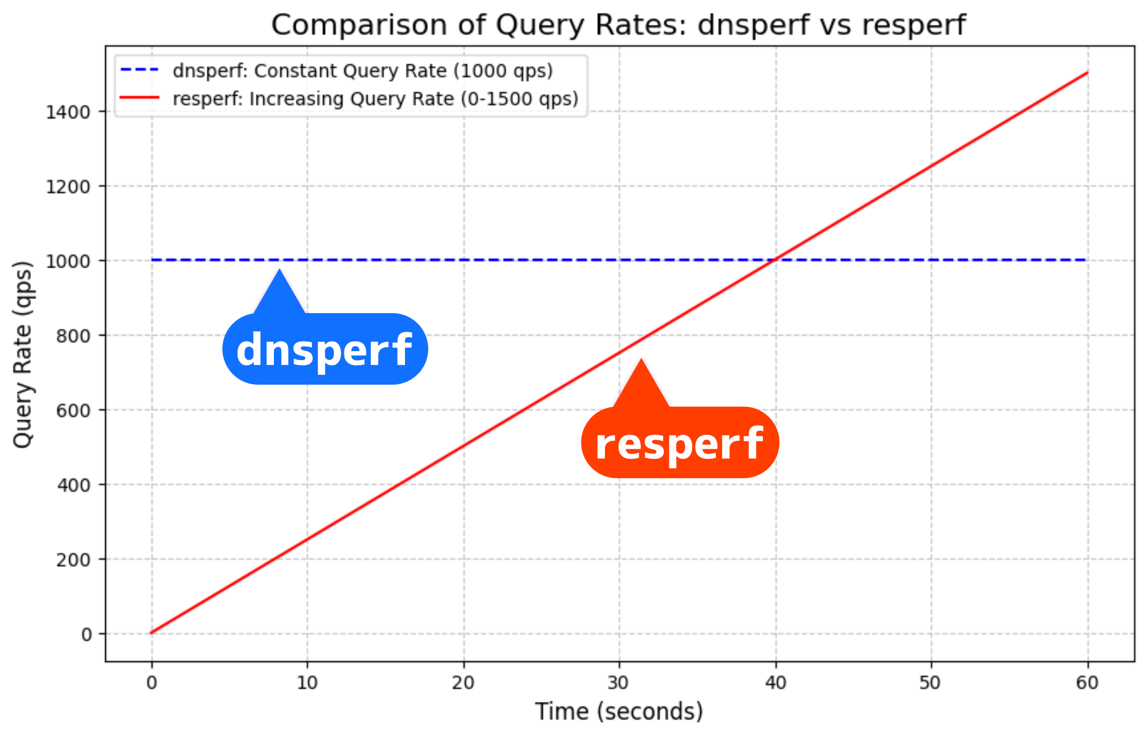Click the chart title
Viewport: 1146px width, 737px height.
(x=618, y=25)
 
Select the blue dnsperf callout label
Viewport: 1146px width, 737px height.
(x=325, y=349)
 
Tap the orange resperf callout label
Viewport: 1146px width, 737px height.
(x=679, y=442)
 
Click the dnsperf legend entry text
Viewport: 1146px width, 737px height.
(x=362, y=71)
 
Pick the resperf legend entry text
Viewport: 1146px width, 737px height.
(x=375, y=99)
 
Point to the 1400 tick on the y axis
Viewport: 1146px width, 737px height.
(x=68, y=112)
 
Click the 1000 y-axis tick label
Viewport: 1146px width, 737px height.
(x=68, y=261)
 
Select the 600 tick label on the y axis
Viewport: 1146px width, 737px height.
(x=73, y=411)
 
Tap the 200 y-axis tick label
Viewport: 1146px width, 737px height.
(x=73, y=559)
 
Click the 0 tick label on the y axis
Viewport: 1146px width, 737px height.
(x=87, y=635)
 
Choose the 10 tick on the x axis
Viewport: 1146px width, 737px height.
(x=307, y=683)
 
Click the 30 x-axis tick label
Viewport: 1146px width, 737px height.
(x=619, y=683)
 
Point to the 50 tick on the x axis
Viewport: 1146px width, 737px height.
(x=931, y=683)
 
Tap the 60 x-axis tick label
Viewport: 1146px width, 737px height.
(x=1087, y=683)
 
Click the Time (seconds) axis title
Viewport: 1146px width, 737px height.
(x=619, y=712)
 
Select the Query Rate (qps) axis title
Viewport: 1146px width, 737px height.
(x=23, y=354)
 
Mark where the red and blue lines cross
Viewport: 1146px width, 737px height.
(x=775, y=260)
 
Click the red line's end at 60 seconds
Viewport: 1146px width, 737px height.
(x=1087, y=73)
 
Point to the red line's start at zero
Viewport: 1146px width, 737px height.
(x=152, y=633)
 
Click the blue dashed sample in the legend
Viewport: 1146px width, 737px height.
(x=139, y=71)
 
